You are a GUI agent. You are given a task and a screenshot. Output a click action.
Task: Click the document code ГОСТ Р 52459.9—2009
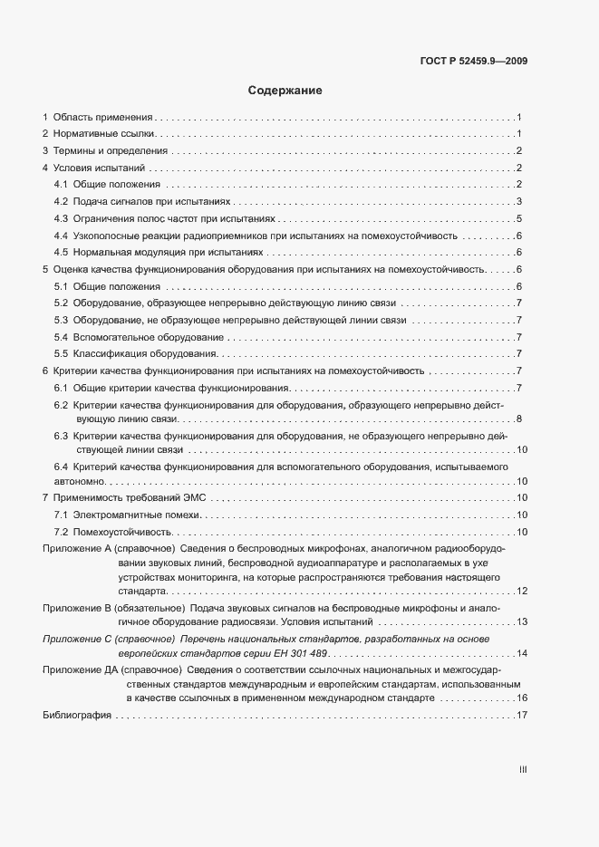click(x=475, y=62)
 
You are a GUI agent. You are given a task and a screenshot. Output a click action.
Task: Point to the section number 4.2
click(x=62, y=201)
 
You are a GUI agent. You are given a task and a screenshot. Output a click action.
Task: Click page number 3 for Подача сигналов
click(x=518, y=201)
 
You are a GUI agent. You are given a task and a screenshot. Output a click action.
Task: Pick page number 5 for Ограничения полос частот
click(x=518, y=218)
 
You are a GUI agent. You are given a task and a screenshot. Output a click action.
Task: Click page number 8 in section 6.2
click(x=518, y=419)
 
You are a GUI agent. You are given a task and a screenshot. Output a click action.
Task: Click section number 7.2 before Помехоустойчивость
click(x=62, y=532)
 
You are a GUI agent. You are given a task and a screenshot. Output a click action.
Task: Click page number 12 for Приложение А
click(x=522, y=591)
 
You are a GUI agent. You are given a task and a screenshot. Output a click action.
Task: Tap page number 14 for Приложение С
click(x=522, y=653)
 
